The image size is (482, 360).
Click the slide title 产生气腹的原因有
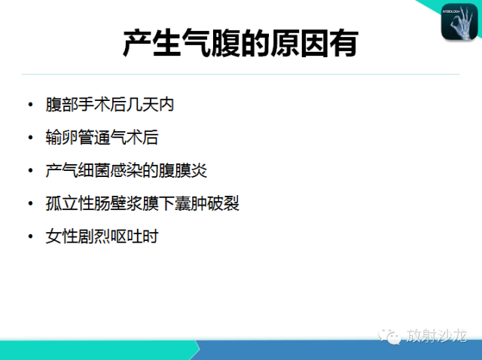point(241,44)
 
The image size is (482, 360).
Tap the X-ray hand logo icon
point(459,22)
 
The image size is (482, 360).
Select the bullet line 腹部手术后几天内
point(110,105)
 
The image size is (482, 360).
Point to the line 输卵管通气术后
point(102,137)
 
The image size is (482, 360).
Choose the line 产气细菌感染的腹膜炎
point(126,170)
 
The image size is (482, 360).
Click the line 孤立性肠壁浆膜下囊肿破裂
point(142,203)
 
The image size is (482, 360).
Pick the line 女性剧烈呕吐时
point(102,236)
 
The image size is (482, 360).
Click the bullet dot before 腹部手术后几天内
point(30,105)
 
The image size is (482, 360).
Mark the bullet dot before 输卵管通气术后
point(30,137)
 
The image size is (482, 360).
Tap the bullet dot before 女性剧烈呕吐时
point(30,236)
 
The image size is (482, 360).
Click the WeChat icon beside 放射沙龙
point(389,336)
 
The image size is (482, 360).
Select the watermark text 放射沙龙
point(436,335)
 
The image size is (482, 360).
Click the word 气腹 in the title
point(211,44)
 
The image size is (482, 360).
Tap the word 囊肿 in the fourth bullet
point(191,203)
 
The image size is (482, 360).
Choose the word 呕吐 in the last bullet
point(126,236)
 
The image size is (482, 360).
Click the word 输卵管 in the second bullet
point(70,137)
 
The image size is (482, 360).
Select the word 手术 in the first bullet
point(93,105)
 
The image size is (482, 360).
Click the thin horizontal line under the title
point(240,74)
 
